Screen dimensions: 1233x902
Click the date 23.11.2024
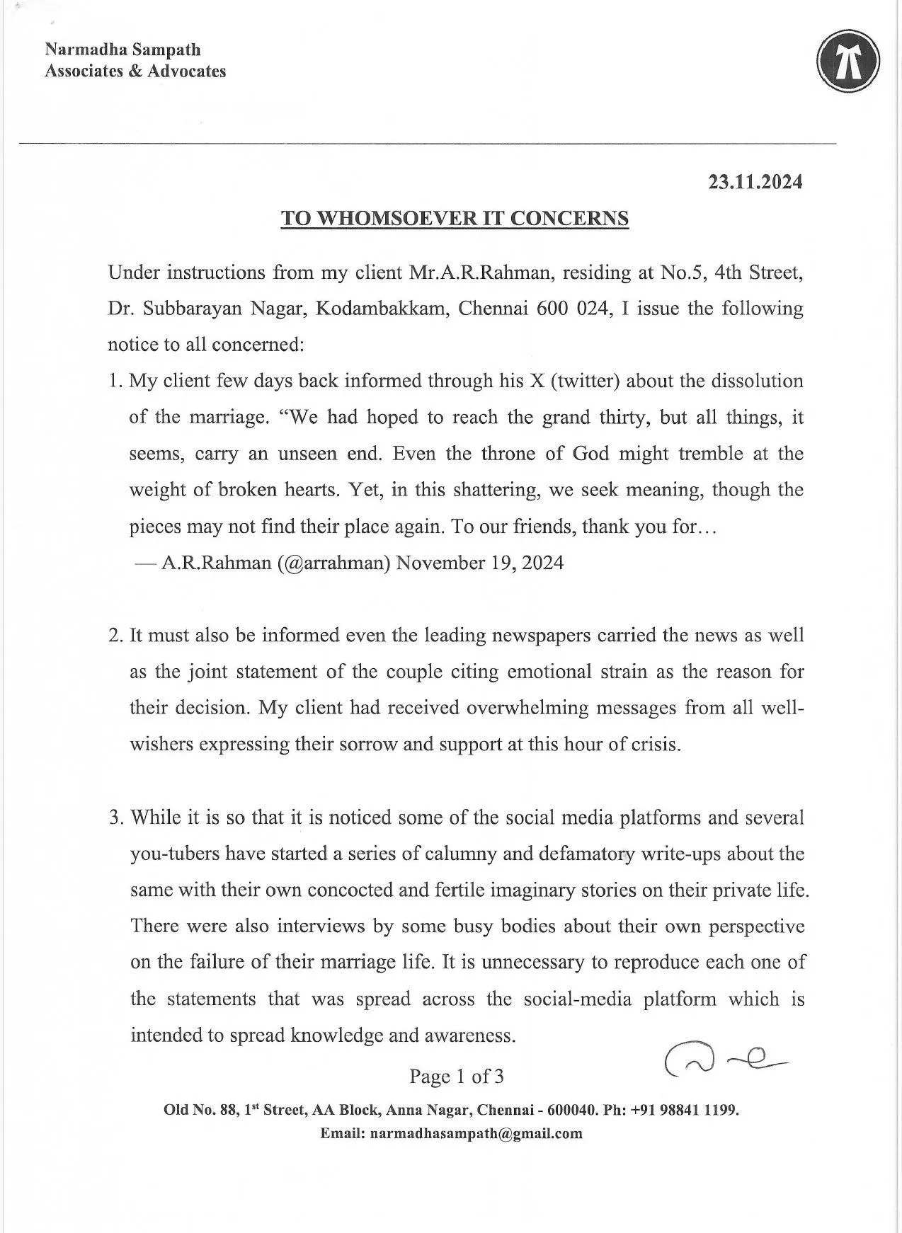755,182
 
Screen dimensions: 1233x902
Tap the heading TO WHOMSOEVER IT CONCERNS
455,218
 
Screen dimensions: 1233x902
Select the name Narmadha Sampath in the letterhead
122,50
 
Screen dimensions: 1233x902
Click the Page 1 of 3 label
457,1077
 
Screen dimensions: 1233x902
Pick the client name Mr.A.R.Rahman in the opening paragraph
479,273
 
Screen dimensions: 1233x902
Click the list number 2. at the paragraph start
116,635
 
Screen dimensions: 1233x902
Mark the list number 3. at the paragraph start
117,818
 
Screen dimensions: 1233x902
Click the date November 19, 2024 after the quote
480,563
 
